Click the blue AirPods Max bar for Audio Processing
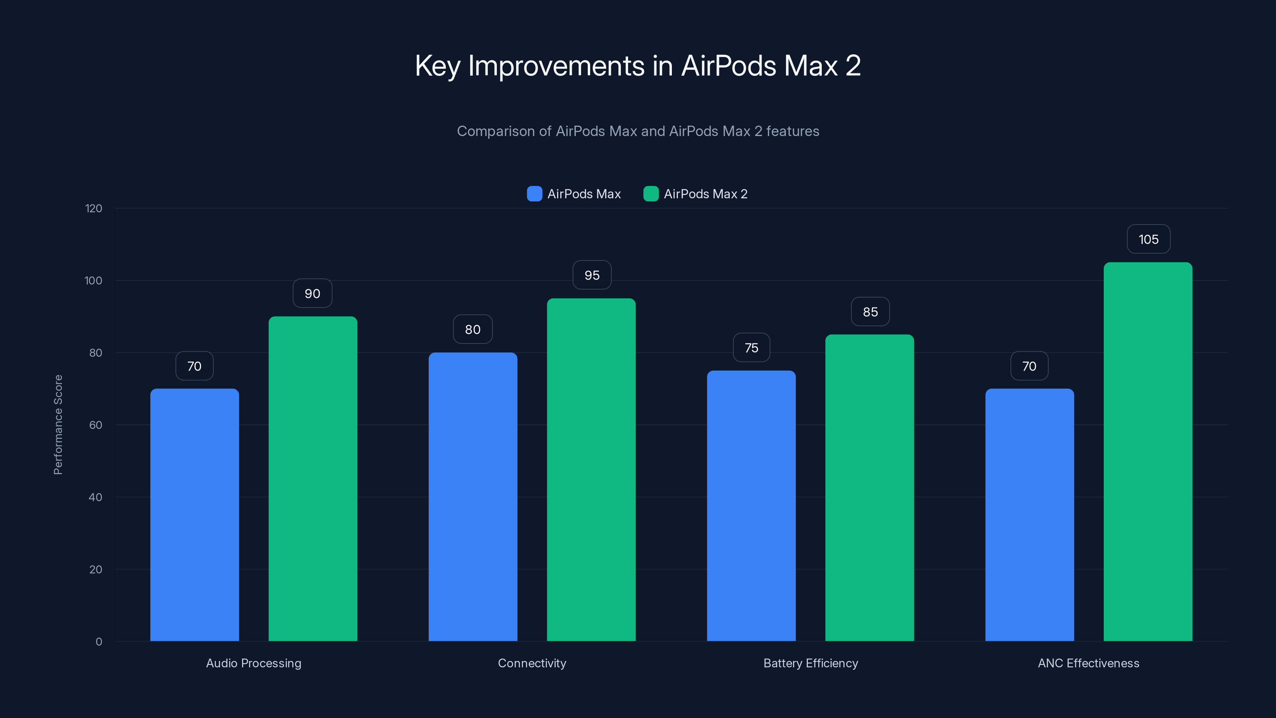(x=194, y=515)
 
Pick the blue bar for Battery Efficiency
(x=751, y=506)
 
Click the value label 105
(x=1148, y=239)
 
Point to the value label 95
(x=592, y=275)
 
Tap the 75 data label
(x=751, y=348)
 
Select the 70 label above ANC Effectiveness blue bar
(x=1029, y=366)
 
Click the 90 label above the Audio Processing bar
(x=312, y=293)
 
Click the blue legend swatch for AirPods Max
(x=534, y=194)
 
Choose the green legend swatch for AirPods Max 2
(x=651, y=194)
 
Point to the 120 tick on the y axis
(x=94, y=208)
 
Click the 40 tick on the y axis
(x=95, y=497)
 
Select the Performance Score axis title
(x=58, y=425)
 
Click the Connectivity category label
(x=532, y=663)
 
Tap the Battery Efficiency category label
(x=810, y=663)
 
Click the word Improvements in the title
(x=556, y=66)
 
